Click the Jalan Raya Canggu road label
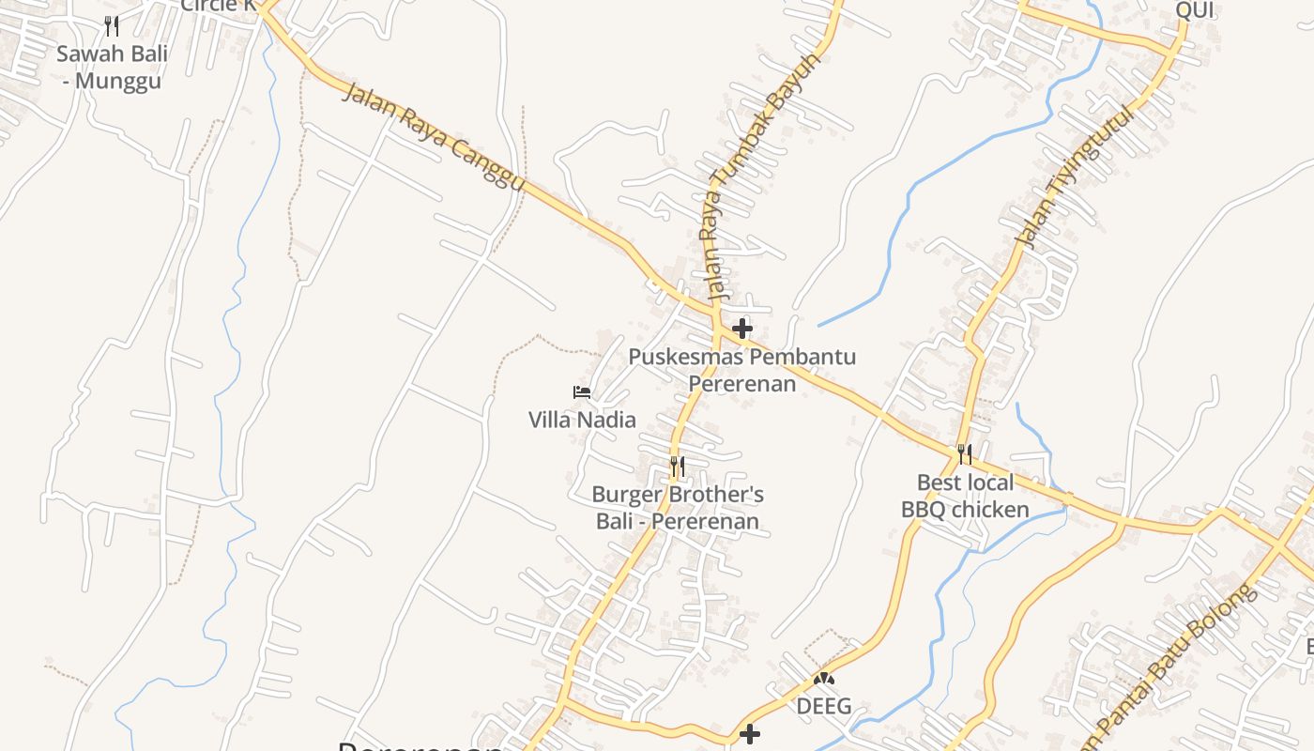click(x=434, y=137)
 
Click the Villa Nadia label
click(x=582, y=420)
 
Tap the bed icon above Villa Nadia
click(x=582, y=391)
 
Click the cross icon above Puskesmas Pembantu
click(x=742, y=329)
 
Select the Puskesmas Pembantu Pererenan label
click(x=741, y=370)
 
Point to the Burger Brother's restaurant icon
click(x=677, y=466)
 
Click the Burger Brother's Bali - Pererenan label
click(x=678, y=507)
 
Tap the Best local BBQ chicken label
click(x=965, y=496)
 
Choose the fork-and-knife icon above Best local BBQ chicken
click(x=965, y=454)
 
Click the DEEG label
click(x=824, y=706)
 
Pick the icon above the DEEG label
click(x=824, y=678)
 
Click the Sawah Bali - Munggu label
click(x=112, y=67)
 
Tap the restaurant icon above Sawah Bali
click(x=112, y=25)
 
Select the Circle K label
click(x=218, y=6)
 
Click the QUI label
click(x=1195, y=10)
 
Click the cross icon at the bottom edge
click(x=750, y=734)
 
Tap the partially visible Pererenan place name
click(x=420, y=745)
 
